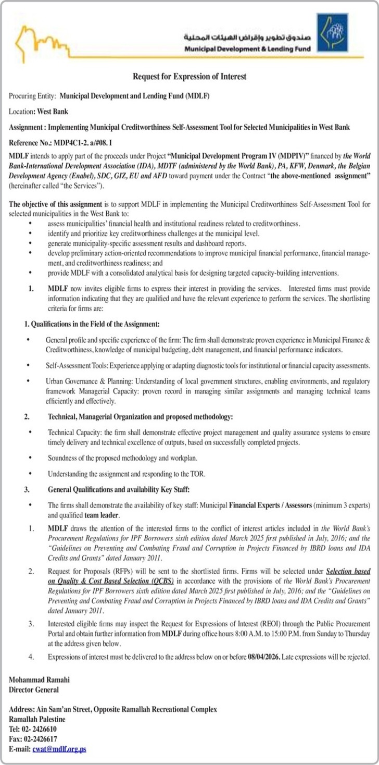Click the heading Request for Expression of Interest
click(x=189, y=77)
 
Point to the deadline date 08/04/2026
click(x=264, y=658)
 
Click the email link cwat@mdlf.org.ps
click(x=59, y=749)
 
